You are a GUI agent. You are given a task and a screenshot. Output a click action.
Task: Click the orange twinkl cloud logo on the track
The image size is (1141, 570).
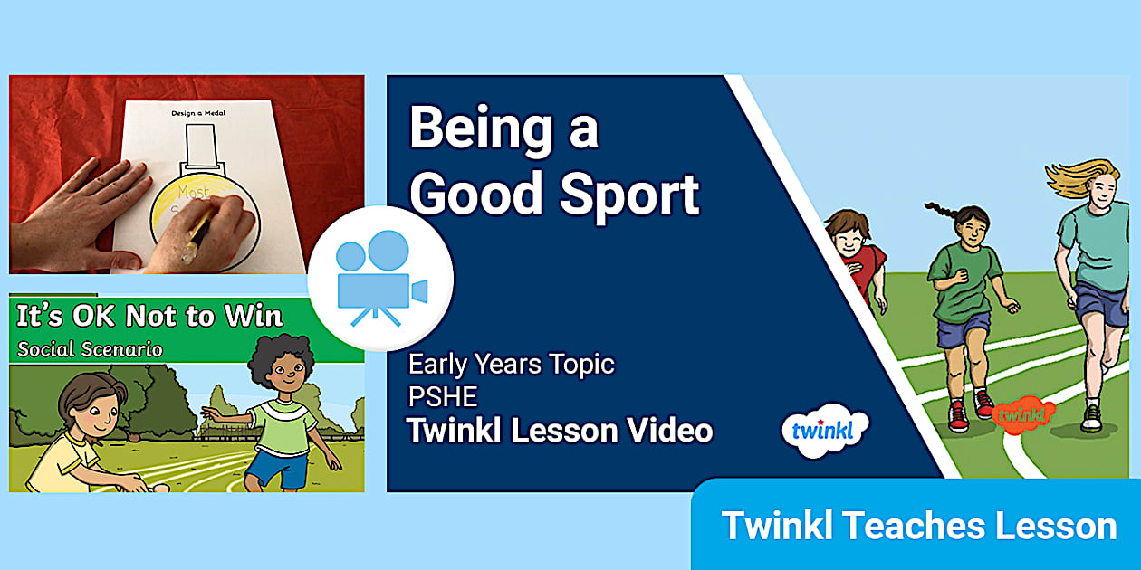[x=1023, y=414]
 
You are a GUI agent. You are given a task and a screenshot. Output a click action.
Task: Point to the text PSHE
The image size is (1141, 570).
[x=441, y=396]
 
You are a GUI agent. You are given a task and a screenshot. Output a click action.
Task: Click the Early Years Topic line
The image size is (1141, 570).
[x=511, y=365]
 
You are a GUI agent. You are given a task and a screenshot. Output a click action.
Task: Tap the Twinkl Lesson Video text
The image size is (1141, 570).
[x=560, y=431]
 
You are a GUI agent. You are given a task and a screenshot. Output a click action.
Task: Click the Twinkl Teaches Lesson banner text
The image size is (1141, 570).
[x=918, y=526]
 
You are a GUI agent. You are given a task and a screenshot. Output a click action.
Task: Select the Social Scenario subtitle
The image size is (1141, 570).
[x=90, y=348]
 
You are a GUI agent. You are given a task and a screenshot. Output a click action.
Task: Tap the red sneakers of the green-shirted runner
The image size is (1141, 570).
[x=969, y=411]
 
